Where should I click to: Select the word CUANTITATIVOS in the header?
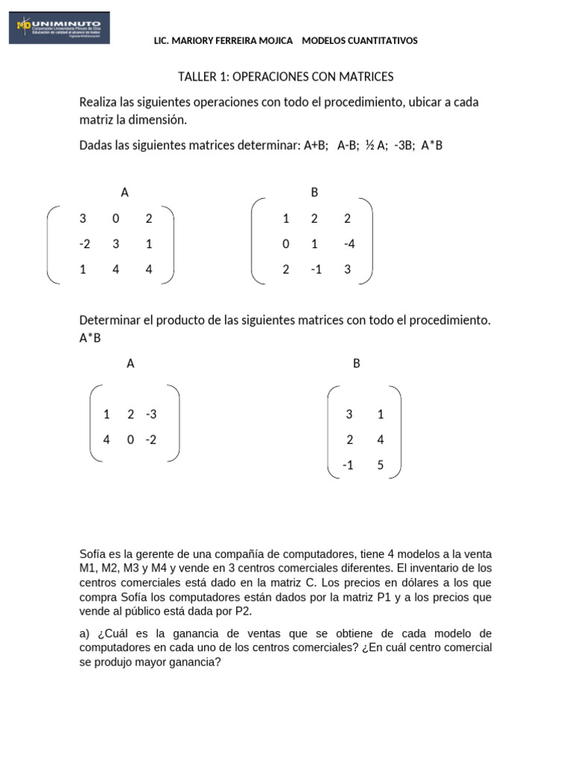(381, 41)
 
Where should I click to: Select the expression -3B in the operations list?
(403, 146)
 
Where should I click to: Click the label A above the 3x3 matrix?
(124, 192)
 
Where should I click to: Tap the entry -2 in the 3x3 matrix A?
(84, 244)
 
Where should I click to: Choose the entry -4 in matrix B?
(349, 244)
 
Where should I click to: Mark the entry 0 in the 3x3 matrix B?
(286, 244)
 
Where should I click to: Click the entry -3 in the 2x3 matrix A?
(152, 414)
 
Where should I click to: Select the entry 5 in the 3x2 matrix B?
(381, 465)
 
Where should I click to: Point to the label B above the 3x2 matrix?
(356, 364)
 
